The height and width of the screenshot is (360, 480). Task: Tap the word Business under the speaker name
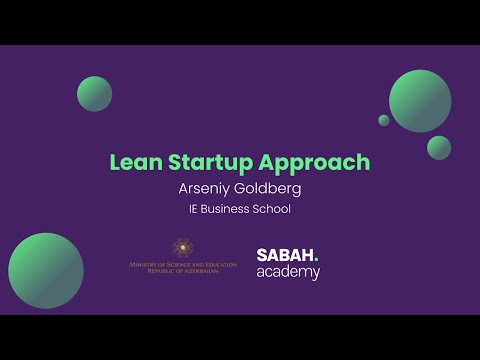[229, 209]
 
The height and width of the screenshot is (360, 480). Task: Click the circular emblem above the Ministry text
[182, 246]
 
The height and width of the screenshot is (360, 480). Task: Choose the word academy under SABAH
[288, 273]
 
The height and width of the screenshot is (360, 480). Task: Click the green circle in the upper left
[94, 92]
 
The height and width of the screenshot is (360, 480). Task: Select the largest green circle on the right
[419, 100]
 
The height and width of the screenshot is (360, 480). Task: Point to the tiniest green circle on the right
[384, 120]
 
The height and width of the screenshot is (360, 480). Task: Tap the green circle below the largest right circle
[439, 147]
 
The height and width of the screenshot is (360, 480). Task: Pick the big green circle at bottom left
[46, 270]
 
